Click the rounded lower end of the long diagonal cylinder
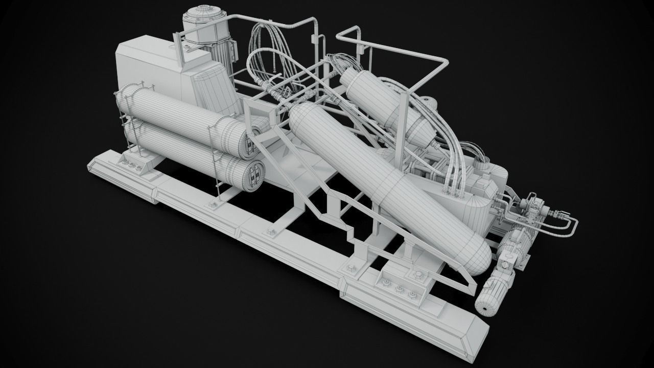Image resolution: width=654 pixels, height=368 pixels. [475, 255]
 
